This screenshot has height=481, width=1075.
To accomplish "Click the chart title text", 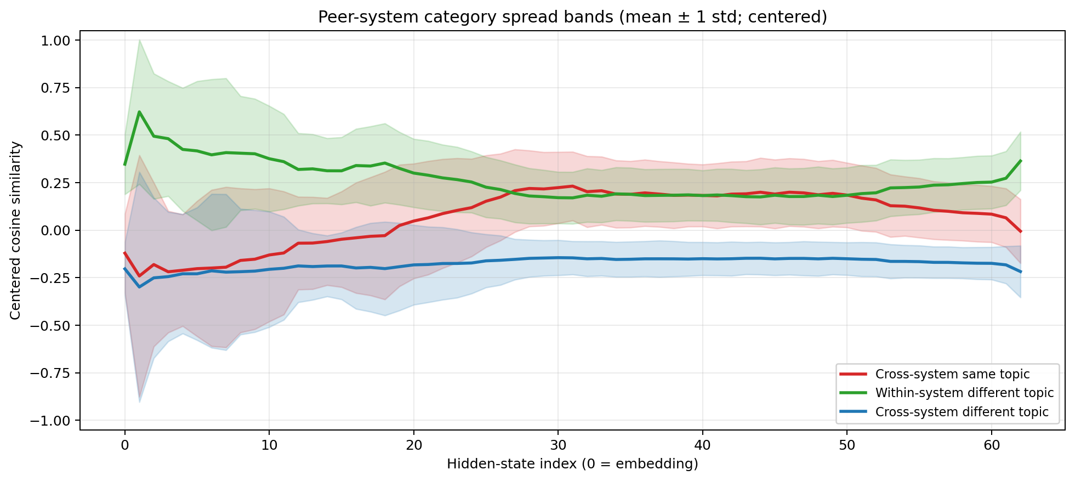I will tap(572, 17).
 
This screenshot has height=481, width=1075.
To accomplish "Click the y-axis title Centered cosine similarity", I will tap(15, 230).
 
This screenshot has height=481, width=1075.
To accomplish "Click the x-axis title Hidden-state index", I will tap(572, 464).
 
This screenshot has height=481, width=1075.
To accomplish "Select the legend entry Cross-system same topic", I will tap(952, 374).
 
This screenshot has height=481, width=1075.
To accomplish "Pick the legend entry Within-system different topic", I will tap(964, 393).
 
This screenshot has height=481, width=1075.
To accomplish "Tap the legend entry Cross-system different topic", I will tap(962, 412).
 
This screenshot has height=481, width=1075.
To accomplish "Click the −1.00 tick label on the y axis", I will tap(51, 421).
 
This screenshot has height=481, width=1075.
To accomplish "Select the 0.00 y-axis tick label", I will tap(56, 230).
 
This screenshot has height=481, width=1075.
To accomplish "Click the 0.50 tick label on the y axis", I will tap(56, 135).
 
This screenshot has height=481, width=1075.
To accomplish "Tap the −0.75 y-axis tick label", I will tap(51, 373).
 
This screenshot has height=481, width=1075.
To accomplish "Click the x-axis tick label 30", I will tap(558, 445).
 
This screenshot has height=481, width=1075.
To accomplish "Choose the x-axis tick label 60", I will tap(991, 445).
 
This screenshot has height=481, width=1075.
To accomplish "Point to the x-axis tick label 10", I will tap(269, 445).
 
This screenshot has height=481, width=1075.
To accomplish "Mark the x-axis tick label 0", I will tap(124, 445).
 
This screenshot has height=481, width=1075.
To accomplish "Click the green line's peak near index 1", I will tap(139, 112).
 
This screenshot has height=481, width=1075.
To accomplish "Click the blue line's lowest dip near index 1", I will tap(139, 287).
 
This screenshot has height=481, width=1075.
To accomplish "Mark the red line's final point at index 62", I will tap(1020, 231).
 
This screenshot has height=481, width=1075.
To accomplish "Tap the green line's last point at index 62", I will tap(1020, 161).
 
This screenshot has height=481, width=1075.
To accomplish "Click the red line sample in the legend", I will tap(854, 374).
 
